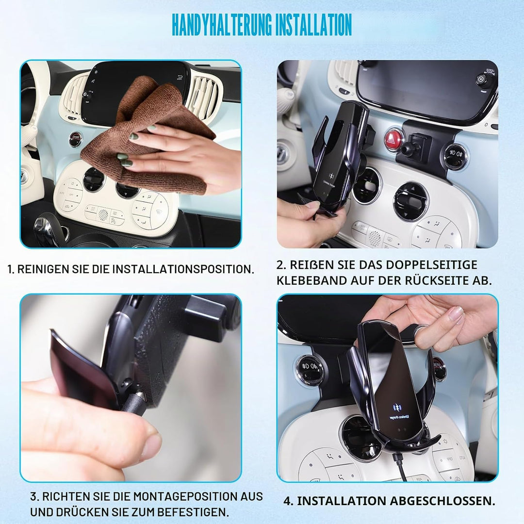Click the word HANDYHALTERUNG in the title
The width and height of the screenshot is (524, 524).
click(222, 25)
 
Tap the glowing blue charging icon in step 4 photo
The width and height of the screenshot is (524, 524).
click(397, 408)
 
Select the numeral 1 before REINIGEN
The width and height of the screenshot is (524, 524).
click(10, 269)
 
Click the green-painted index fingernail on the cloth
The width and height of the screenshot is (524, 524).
click(133, 136)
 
